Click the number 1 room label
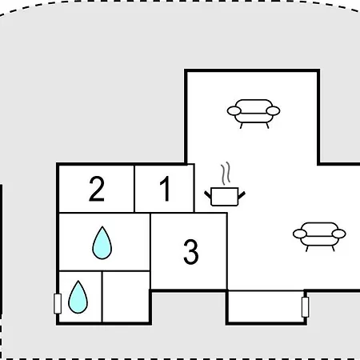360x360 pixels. point(166,189)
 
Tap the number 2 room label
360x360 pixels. point(97,189)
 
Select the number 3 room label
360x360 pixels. point(191,252)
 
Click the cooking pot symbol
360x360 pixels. point(225,197)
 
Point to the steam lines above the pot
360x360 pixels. point(226,174)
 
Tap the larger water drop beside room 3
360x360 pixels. point(102,243)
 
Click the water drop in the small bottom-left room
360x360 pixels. point(78,297)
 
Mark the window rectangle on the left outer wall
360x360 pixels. point(58,304)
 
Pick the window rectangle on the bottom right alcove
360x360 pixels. point(306,307)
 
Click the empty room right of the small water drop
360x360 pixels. point(126,297)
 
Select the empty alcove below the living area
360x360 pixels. point(266,306)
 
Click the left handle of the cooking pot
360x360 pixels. point(208,194)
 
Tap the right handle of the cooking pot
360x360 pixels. point(242,195)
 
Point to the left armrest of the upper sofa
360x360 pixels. point(234,110)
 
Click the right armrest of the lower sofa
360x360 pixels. point(339,234)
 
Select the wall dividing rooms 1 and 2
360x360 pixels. point(134,189)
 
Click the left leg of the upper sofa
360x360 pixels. point(242,126)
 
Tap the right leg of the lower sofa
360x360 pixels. point(333,249)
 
